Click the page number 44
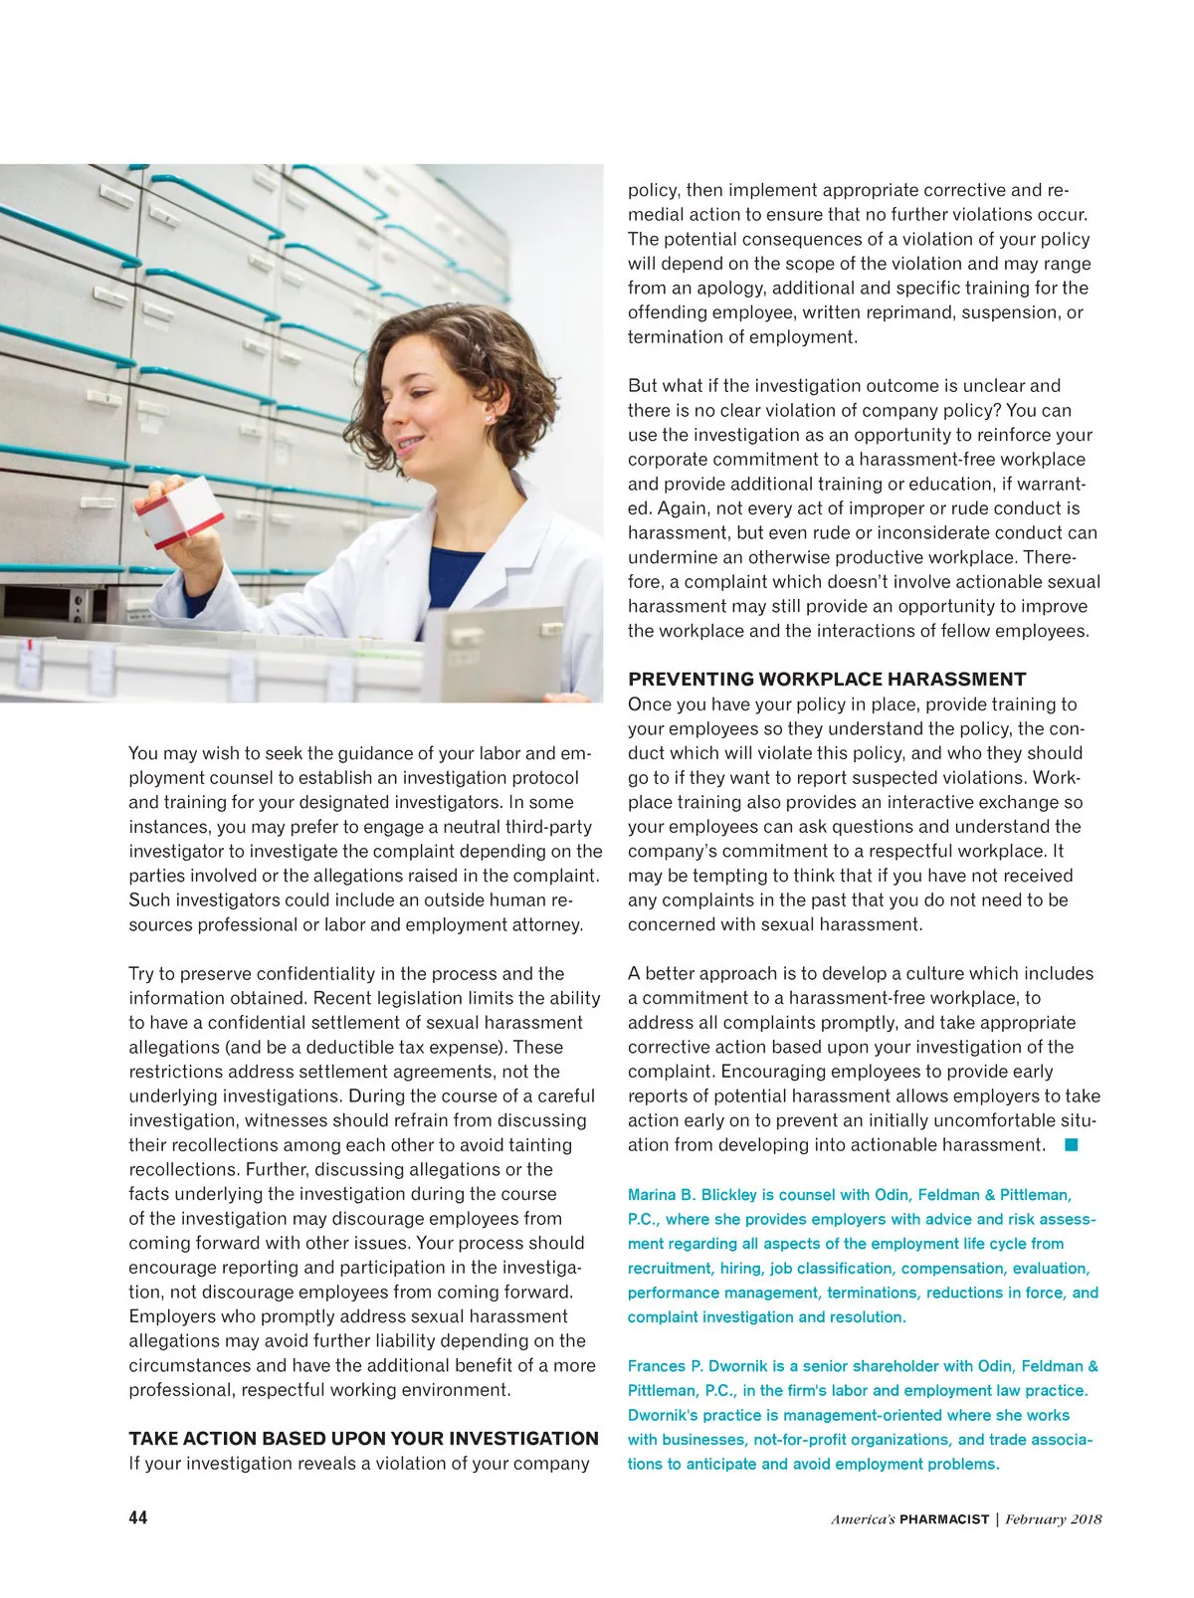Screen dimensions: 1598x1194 (137, 1517)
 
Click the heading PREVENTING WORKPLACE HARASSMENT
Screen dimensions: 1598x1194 (827, 680)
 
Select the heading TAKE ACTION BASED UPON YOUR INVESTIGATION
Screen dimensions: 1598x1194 (363, 1439)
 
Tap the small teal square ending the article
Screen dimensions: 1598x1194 (1071, 1144)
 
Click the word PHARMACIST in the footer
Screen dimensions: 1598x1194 (944, 1519)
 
